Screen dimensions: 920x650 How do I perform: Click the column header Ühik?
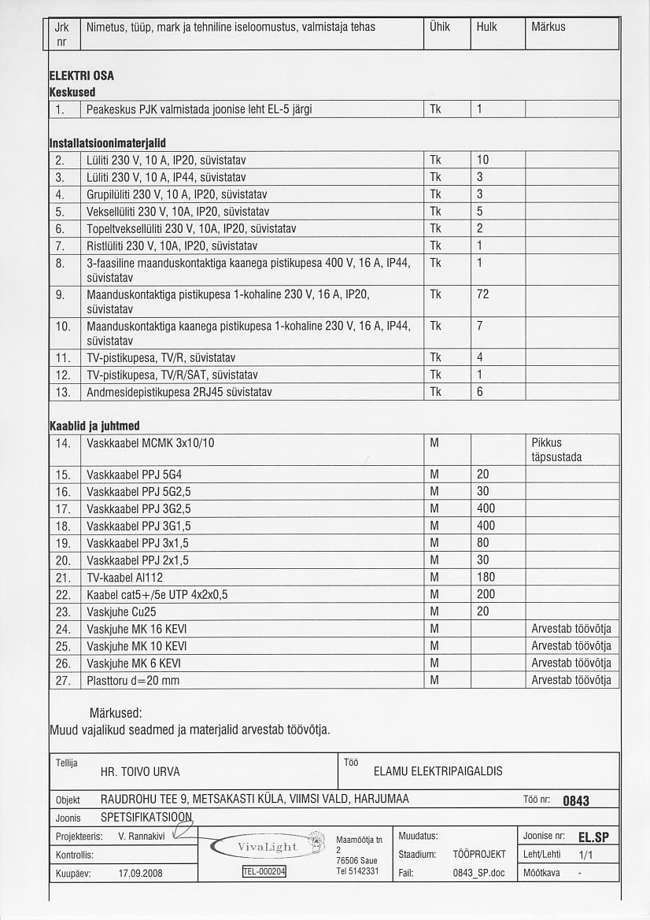(x=439, y=27)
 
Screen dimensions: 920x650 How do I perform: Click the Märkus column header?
(x=548, y=27)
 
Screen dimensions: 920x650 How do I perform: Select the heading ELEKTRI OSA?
(x=82, y=76)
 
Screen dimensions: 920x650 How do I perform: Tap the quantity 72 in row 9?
(x=483, y=294)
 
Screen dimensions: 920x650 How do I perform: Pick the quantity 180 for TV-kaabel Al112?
(x=486, y=578)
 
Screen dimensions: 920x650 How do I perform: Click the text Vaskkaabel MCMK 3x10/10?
(x=150, y=443)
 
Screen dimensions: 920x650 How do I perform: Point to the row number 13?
(x=64, y=392)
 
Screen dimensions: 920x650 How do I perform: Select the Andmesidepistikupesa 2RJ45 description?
(x=179, y=392)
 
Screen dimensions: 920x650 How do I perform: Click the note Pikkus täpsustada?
(x=556, y=450)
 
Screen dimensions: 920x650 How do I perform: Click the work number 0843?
(x=576, y=801)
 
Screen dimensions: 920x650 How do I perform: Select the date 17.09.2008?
(x=140, y=873)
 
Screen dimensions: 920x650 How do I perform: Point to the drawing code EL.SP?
(x=593, y=837)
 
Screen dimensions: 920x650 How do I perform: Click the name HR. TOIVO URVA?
(x=141, y=772)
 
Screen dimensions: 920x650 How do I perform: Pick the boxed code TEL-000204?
(x=264, y=871)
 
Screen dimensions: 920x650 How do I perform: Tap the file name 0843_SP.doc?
(x=478, y=873)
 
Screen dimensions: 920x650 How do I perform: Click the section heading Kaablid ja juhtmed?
(x=94, y=426)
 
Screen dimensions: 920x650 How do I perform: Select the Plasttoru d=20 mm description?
(x=133, y=680)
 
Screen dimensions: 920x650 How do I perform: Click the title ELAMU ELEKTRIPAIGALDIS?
(x=438, y=771)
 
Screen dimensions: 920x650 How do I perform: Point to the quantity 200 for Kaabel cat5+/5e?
(x=486, y=594)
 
